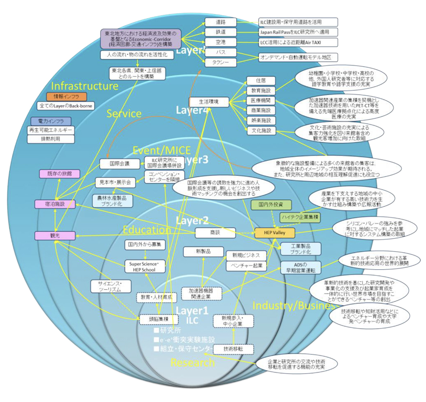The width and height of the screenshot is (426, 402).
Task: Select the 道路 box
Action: point(220,22)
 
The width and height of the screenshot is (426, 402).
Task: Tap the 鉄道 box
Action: point(220,32)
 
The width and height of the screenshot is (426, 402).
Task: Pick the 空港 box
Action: point(220,42)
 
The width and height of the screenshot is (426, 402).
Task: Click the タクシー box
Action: point(220,62)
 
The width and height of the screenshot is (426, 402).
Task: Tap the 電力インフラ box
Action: point(51,121)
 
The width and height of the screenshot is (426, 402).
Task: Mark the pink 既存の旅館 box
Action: point(56,173)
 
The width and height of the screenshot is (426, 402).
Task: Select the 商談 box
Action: point(215,233)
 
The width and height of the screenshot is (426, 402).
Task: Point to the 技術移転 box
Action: point(233,348)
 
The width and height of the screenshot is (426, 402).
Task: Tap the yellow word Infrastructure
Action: point(85,86)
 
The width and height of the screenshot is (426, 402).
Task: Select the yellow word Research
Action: point(192,363)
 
